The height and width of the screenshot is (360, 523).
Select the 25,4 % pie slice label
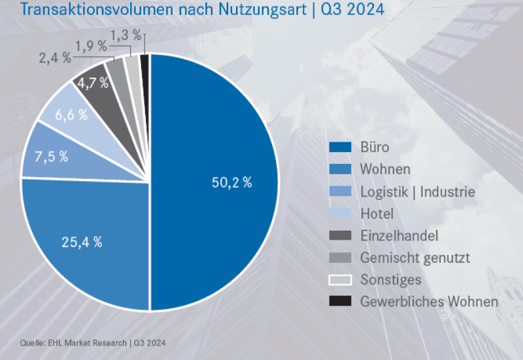tap(82, 242)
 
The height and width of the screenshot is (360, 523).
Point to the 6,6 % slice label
tap(71, 116)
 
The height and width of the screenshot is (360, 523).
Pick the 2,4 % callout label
tap(55, 58)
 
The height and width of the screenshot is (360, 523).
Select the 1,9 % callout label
tap(91, 46)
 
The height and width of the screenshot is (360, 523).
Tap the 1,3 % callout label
tap(126, 35)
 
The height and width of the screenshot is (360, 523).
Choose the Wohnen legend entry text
tap(385, 169)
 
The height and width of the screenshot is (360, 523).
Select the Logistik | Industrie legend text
tap(417, 191)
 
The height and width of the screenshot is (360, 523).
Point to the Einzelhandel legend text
tap(399, 235)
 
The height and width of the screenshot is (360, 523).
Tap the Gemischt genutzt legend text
tap(414, 257)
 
